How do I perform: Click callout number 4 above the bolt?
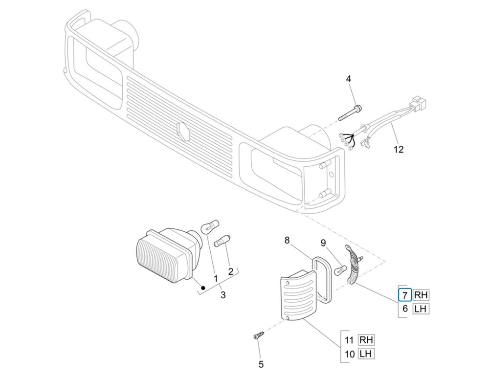click(348, 79)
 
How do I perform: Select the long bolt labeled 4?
click(350, 113)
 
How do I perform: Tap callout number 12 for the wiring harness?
click(399, 150)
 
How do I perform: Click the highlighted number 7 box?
click(405, 295)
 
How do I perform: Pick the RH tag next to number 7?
click(421, 295)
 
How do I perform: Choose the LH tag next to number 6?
click(421, 309)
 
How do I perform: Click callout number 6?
click(405, 309)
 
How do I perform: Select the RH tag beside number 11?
click(366, 340)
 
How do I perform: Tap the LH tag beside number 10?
click(366, 354)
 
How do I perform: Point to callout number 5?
click(261, 364)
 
